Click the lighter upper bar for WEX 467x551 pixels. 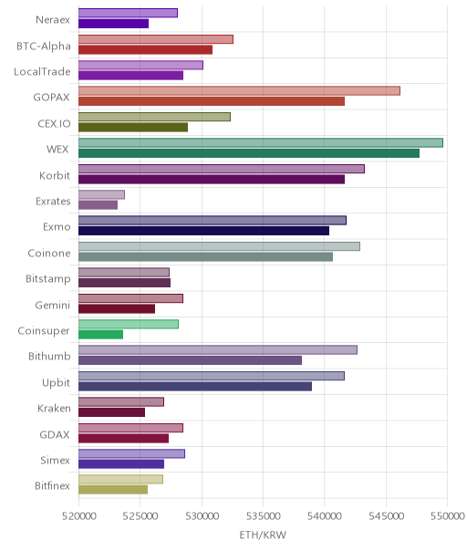pos(261,142)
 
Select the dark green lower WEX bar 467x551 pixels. pos(249,153)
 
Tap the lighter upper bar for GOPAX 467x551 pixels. pos(239,90)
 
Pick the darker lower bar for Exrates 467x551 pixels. pos(98,205)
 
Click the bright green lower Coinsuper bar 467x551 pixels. pos(101,335)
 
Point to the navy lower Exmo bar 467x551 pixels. pos(203,231)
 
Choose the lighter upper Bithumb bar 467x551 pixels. pos(218,349)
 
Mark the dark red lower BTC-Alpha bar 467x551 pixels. pos(145,49)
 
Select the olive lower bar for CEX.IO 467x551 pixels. pos(133,127)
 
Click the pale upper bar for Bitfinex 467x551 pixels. pos(121,479)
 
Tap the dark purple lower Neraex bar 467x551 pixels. pos(113,24)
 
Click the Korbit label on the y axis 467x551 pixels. pos(55,175)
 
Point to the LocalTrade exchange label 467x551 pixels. pos(42,72)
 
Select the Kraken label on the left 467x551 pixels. pos(54,409)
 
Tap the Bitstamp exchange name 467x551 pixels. pos(48,279)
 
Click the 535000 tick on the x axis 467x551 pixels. pos(264,516)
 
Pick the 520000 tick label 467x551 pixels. pos(78,516)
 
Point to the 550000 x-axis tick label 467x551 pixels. pos(447,516)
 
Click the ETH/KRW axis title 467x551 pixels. pos(263,535)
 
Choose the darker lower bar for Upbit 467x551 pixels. pos(195,387)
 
